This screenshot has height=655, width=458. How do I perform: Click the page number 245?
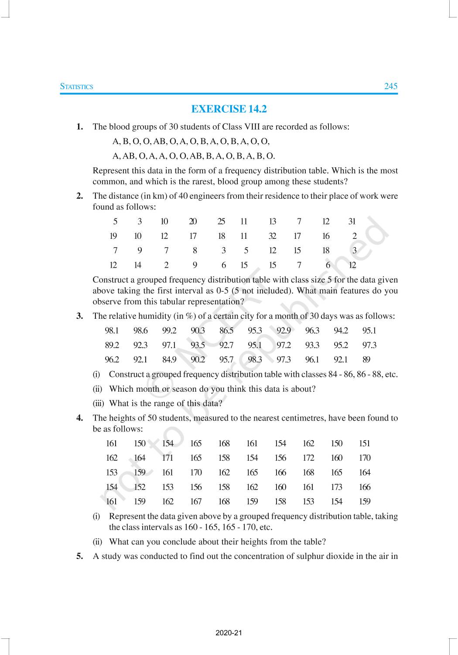(x=390, y=86)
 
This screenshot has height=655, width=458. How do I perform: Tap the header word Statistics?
(x=76, y=86)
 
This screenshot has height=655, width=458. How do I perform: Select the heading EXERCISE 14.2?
(x=229, y=109)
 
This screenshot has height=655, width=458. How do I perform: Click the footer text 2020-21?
(x=229, y=633)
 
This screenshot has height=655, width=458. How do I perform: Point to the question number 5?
(x=79, y=556)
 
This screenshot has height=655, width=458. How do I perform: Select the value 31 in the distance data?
(x=352, y=221)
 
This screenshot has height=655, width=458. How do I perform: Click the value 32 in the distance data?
(x=272, y=236)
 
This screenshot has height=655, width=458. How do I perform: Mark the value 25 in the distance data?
(x=222, y=221)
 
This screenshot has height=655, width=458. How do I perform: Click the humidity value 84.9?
(x=169, y=360)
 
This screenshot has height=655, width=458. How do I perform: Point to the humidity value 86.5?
(x=226, y=331)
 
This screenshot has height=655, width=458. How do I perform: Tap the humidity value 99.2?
(x=169, y=331)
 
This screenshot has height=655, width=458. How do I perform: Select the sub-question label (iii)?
(x=98, y=403)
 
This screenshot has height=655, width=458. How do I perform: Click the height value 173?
(x=336, y=487)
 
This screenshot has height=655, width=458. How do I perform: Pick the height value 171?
(x=167, y=458)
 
